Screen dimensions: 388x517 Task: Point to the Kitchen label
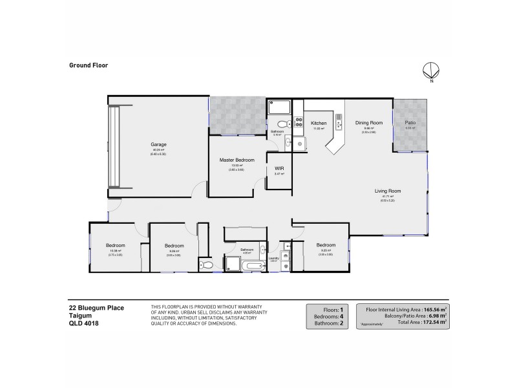click(x=319, y=123)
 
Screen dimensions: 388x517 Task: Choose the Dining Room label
click(x=369, y=122)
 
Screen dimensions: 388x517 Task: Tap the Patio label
click(x=410, y=122)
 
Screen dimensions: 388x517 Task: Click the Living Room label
click(x=388, y=191)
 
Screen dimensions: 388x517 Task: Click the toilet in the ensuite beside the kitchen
click(x=282, y=124)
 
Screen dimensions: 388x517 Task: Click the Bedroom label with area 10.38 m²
click(x=115, y=246)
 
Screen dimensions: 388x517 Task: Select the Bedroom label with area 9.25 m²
click(x=326, y=245)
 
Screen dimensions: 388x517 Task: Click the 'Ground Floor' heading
click(x=88, y=65)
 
